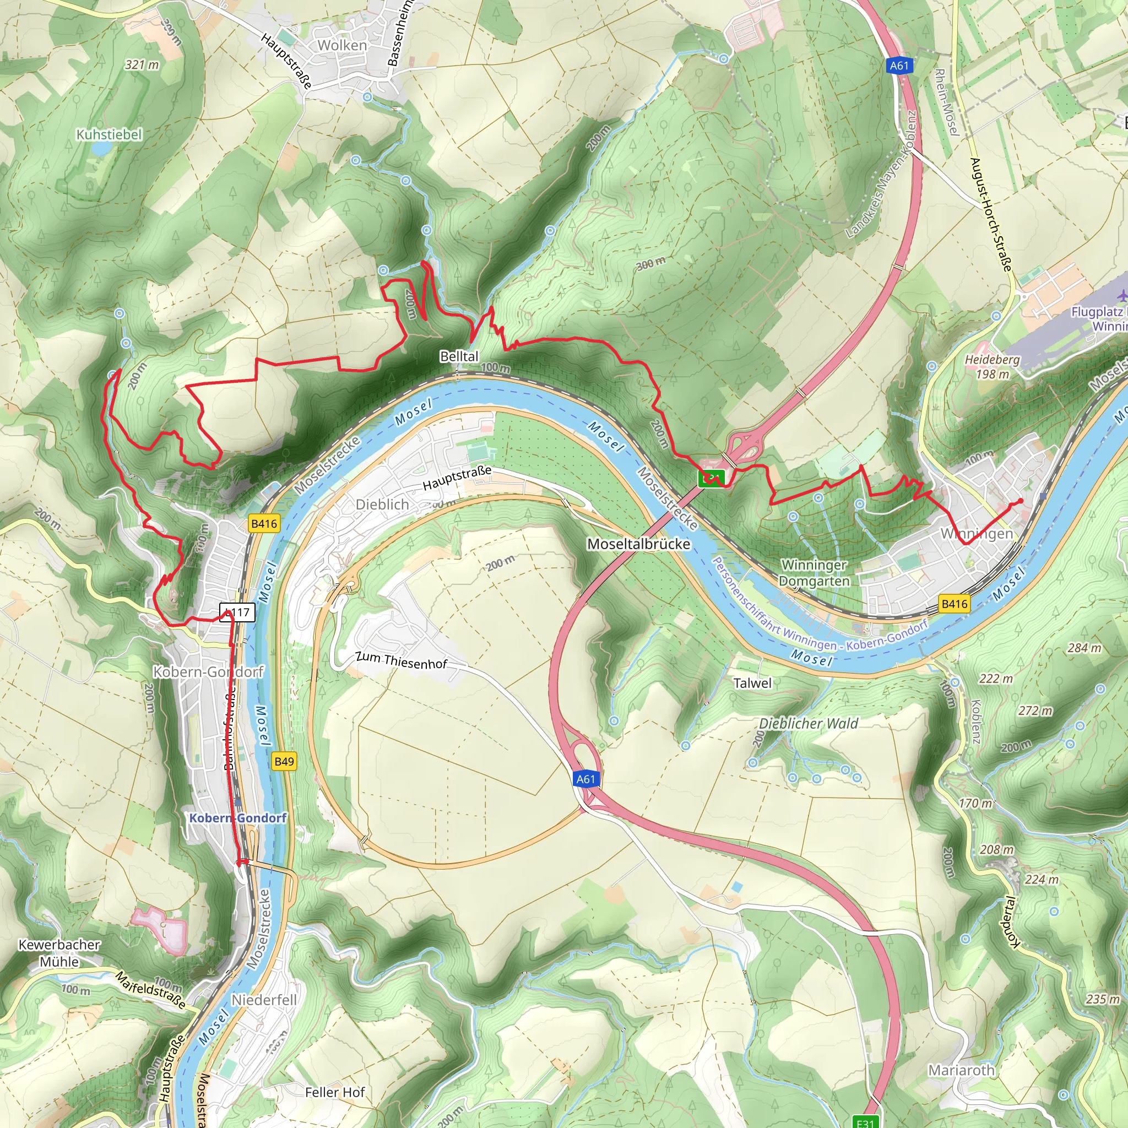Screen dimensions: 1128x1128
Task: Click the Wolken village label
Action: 341,46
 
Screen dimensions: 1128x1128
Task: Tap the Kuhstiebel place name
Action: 109,135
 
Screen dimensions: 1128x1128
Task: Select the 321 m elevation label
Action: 142,65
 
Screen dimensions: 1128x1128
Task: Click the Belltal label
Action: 459,356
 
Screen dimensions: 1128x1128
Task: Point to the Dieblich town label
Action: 382,504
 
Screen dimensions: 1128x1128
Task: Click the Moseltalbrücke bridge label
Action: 639,544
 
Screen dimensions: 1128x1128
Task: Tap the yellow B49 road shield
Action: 284,761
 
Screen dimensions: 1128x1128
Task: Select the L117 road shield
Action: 237,612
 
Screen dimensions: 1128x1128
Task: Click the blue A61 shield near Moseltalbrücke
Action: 585,779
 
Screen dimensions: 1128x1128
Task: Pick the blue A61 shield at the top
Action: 899,66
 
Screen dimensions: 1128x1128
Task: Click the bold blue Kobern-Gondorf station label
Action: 237,818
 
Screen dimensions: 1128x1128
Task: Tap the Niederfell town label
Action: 264,1000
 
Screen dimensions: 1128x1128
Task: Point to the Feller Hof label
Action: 335,1092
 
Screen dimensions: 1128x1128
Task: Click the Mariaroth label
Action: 961,1070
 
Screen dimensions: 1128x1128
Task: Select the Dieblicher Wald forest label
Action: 808,723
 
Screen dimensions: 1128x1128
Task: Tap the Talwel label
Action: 752,683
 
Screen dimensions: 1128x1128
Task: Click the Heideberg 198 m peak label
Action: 992,367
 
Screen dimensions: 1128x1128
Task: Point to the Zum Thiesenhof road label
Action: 401,660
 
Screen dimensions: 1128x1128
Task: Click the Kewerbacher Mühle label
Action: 59,953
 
